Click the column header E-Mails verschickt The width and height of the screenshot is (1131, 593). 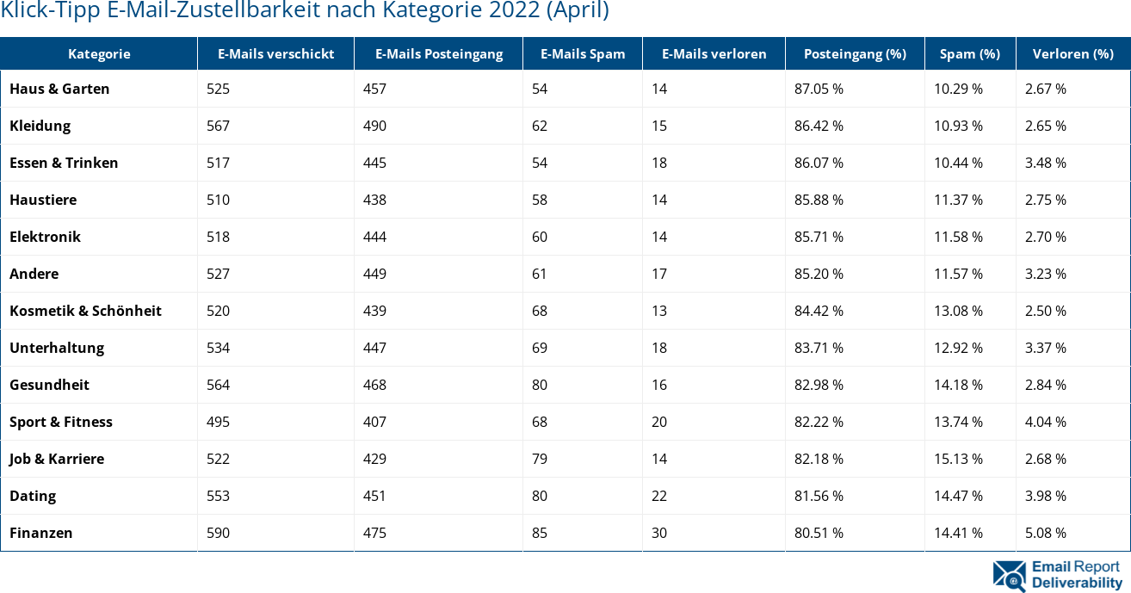pyautogui.click(x=275, y=53)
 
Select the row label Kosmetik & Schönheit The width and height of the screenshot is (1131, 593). pyautogui.click(x=85, y=311)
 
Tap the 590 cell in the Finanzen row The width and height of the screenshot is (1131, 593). pyautogui.click(x=219, y=533)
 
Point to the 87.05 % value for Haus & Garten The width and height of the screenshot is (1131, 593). pyautogui.click(x=819, y=89)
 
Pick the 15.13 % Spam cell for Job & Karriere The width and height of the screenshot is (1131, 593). pyautogui.click(x=959, y=459)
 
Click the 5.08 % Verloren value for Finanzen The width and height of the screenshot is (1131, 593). pyautogui.click(x=1045, y=533)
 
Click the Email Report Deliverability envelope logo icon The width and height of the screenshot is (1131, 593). pyautogui.click(x=1009, y=575)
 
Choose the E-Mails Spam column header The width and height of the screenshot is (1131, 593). pyautogui.click(x=583, y=53)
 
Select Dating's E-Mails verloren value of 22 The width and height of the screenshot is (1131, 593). pyautogui.click(x=659, y=496)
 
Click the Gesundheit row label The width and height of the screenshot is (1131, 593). pyautogui.click(x=49, y=385)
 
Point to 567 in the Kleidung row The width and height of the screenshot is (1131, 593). pyautogui.click(x=219, y=126)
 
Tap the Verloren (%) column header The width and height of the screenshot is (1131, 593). pyautogui.click(x=1072, y=53)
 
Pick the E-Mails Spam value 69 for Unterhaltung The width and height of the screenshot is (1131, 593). pyautogui.click(x=540, y=348)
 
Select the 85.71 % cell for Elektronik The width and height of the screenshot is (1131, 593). pyautogui.click(x=819, y=237)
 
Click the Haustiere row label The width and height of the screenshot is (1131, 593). pyautogui.click(x=43, y=200)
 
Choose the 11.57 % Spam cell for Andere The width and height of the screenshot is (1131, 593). pyautogui.click(x=959, y=274)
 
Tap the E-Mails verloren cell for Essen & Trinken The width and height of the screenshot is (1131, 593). pyautogui.click(x=659, y=163)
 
